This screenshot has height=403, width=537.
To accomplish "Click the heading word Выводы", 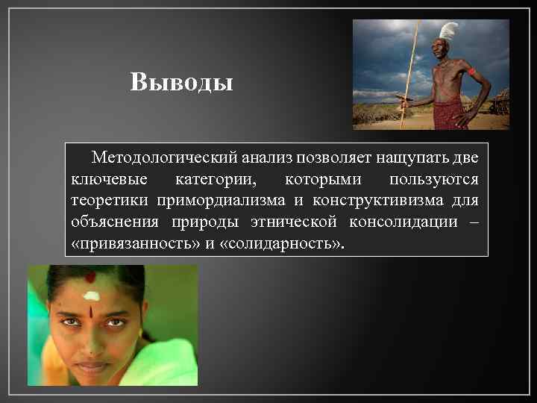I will [181, 81].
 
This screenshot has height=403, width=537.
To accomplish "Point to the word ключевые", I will [108, 180].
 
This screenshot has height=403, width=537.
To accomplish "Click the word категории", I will [212, 180].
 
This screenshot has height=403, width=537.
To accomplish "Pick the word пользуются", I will [435, 180].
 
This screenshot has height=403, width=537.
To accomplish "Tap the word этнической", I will [295, 222].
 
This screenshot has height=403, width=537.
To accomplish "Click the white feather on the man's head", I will [448, 31].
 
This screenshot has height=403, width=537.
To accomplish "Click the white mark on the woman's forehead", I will [91, 296].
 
